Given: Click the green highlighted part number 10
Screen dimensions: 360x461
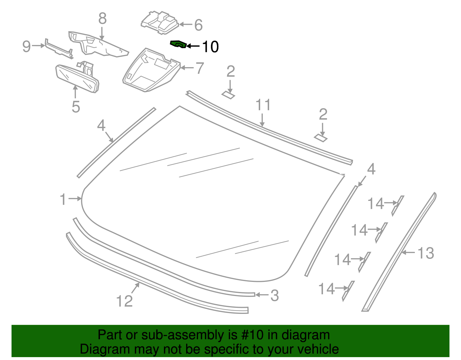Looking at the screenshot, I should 178,44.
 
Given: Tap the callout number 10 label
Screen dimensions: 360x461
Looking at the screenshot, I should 210,47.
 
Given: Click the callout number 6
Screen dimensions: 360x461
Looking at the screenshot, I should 198,25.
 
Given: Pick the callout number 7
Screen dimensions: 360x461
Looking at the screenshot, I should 200,68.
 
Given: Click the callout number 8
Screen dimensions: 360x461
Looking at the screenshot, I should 102,19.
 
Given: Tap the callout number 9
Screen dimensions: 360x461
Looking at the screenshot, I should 27,46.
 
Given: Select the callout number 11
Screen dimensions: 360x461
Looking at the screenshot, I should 263,105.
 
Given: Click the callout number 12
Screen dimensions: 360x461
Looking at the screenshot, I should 124,301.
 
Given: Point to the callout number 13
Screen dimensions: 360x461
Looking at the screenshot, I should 426,253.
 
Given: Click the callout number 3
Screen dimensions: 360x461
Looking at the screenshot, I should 274,296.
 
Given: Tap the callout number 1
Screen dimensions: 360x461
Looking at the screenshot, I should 63,199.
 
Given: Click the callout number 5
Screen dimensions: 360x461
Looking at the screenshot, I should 76,107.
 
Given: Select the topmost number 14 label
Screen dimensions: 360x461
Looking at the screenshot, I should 376,204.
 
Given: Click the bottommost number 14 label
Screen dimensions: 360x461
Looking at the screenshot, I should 326,289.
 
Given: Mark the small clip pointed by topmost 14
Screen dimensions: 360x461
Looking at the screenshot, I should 398,205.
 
